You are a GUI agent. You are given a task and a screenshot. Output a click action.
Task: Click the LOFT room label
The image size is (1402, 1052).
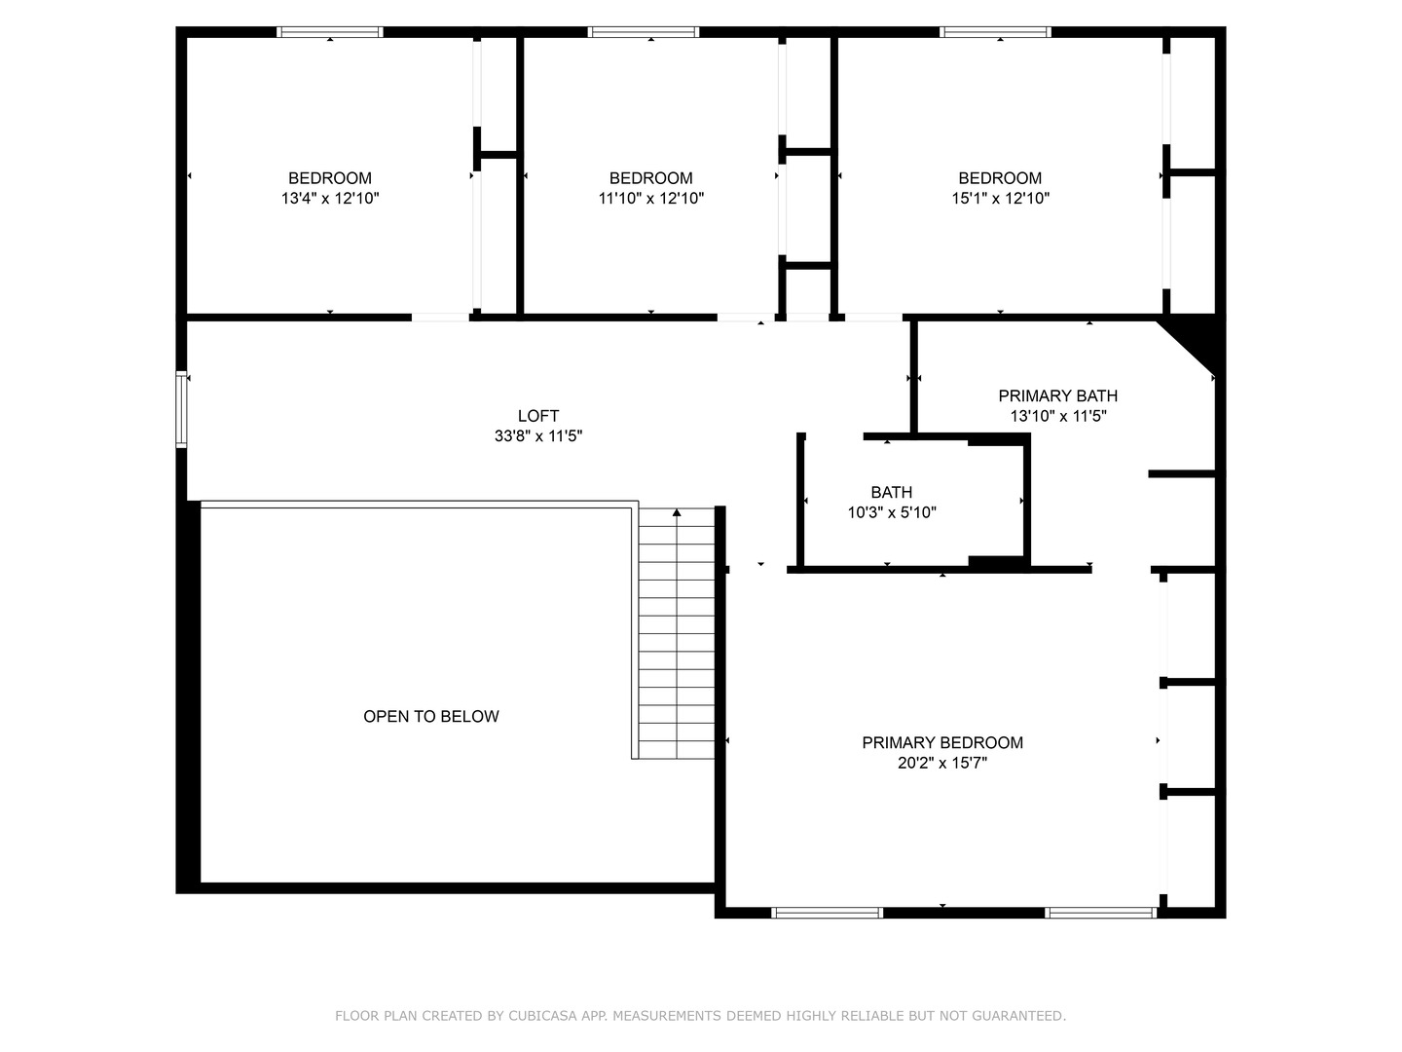click(x=537, y=416)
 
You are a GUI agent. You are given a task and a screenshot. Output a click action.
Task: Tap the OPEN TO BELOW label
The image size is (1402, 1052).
click(x=431, y=717)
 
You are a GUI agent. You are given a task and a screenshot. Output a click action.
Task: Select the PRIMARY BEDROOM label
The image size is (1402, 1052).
click(x=942, y=743)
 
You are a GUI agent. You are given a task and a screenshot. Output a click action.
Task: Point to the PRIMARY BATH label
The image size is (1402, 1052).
click(x=1057, y=395)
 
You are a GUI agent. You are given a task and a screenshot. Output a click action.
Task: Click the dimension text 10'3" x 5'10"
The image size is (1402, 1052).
click(x=892, y=512)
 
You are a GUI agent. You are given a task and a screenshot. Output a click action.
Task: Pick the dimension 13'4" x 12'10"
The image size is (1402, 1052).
click(x=330, y=199)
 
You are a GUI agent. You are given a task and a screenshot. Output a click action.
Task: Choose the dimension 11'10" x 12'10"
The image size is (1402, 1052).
click(x=650, y=199)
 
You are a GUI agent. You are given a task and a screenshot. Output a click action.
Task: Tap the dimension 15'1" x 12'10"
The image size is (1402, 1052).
click(x=1000, y=199)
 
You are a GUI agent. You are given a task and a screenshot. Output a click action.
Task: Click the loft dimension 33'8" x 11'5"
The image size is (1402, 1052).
click(x=537, y=436)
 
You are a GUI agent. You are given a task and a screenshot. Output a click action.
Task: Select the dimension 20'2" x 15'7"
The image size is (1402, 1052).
click(x=942, y=764)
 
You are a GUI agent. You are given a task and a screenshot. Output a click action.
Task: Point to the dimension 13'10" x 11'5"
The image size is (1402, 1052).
click(x=1057, y=416)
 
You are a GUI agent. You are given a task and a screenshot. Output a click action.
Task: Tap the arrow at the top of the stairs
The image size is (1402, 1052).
click(x=677, y=512)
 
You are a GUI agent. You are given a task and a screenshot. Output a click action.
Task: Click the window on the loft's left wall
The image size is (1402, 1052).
click(x=181, y=409)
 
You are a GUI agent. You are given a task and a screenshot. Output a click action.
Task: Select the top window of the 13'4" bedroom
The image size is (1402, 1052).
click(x=330, y=32)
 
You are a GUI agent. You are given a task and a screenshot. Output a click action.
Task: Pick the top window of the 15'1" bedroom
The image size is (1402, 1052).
click(x=995, y=32)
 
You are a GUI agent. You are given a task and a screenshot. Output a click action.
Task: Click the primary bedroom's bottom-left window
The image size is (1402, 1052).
click(x=827, y=913)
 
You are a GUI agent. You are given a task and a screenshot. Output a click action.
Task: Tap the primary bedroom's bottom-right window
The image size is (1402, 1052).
click(x=1100, y=913)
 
